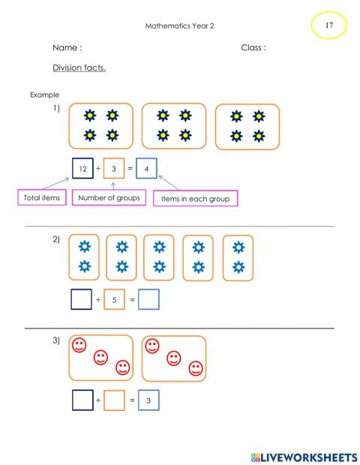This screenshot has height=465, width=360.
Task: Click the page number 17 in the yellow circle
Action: [x=329, y=26]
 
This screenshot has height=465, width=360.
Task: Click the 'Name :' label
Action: [x=67, y=47]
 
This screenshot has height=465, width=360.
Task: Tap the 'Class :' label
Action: [x=253, y=47]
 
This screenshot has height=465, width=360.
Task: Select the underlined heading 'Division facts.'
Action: [x=79, y=67]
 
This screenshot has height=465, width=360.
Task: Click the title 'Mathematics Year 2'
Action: [x=178, y=25]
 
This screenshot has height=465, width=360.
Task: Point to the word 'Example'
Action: [x=44, y=94]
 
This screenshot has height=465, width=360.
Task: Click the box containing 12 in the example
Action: [x=82, y=169]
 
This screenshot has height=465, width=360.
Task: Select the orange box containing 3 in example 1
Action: [x=113, y=169]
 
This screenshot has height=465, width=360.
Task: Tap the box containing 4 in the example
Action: [x=146, y=169]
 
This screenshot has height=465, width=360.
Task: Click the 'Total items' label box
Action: [x=40, y=198]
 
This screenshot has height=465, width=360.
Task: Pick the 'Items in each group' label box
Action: [x=195, y=199]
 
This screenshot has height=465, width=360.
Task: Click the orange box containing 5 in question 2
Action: [x=113, y=300]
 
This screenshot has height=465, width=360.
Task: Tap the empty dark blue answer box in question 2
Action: [x=82, y=300]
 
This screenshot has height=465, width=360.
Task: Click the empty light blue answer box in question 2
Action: [x=148, y=300]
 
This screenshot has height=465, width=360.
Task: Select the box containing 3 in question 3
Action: [x=148, y=401]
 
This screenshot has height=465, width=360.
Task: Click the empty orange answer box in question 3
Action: [x=113, y=401]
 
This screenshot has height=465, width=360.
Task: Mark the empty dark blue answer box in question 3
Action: [x=82, y=401]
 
